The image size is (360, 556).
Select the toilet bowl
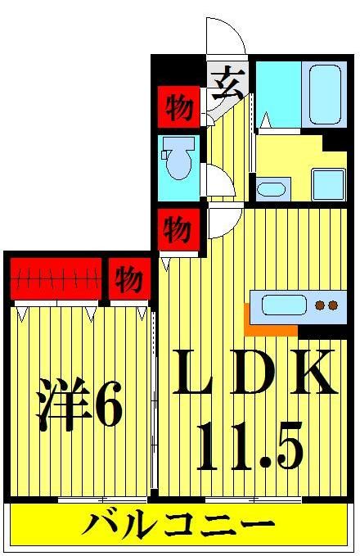coord(176,160)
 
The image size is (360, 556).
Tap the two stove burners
coord(326,307)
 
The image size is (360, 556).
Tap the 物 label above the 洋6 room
coord(128,280)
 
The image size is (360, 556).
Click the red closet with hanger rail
coord(56,280)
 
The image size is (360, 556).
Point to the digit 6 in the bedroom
coord(108,405)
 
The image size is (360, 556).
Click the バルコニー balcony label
coord(177,525)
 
